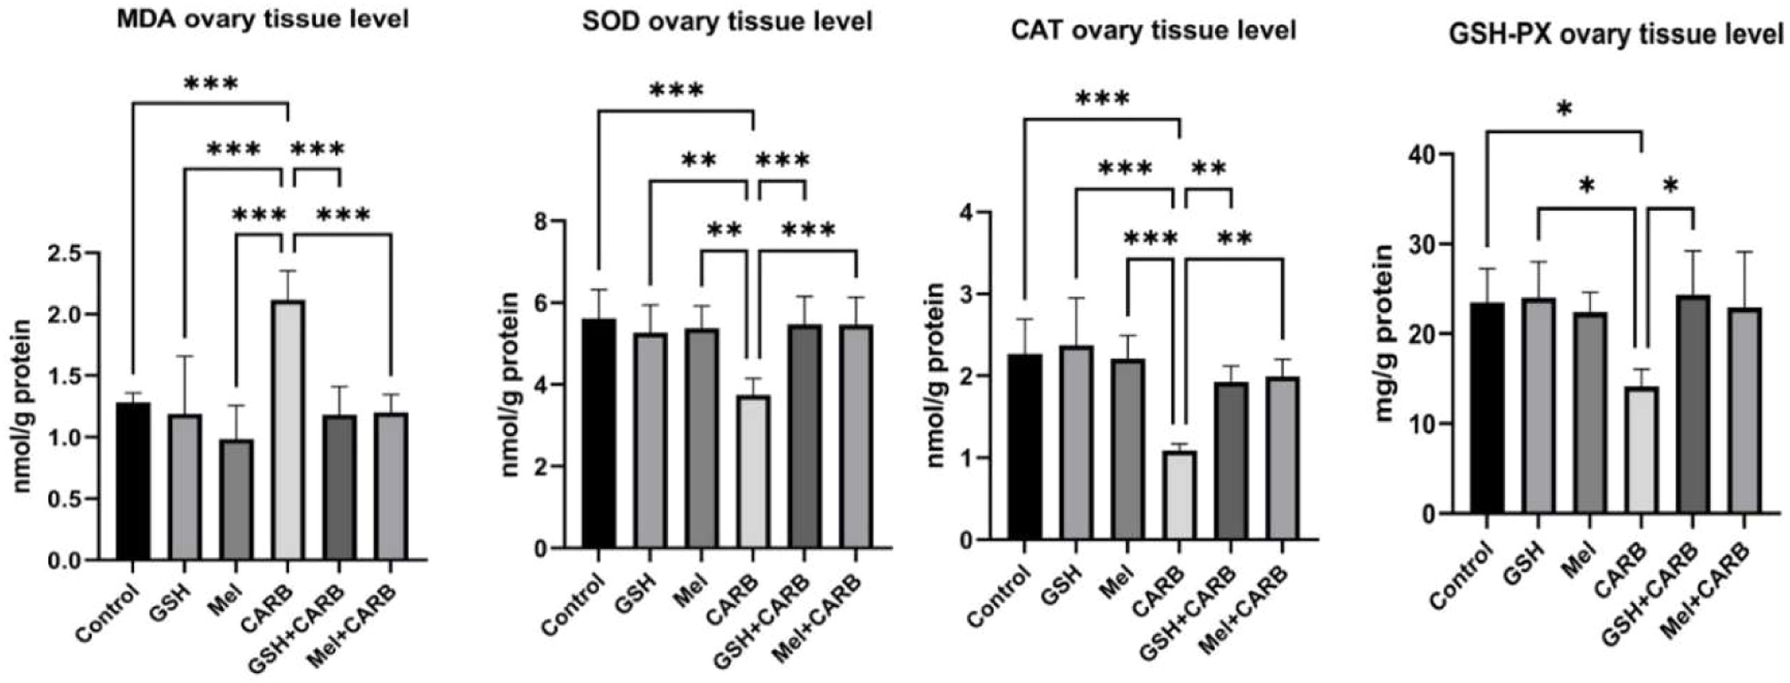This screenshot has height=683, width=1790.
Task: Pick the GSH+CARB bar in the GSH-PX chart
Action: click(x=1693, y=404)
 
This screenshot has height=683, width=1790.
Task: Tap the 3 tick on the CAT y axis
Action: click(x=965, y=294)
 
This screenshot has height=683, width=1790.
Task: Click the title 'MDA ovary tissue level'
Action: click(x=262, y=19)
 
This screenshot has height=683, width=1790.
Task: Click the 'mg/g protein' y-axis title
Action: click(x=1386, y=334)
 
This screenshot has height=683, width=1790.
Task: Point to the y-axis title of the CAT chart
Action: click(x=936, y=375)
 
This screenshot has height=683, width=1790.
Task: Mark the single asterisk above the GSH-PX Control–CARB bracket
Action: click(x=1563, y=110)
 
